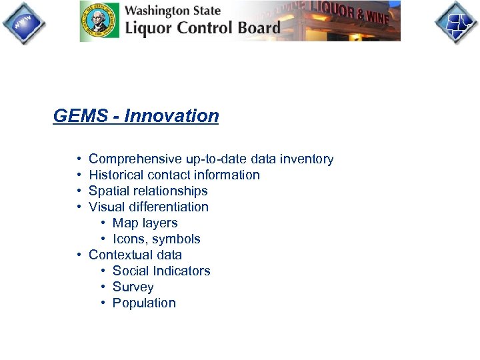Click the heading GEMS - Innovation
tap(136, 116)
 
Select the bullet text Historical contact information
tap(174, 175)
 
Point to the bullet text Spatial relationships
tap(148, 191)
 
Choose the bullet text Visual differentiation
tap(148, 207)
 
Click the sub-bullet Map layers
tap(145, 223)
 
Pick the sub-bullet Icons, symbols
tap(156, 239)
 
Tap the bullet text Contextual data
tap(135, 255)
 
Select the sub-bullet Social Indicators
tap(161, 271)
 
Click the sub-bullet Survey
tap(133, 287)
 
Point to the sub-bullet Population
tap(144, 303)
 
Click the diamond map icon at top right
tap(457, 22)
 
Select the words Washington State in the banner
tap(173, 11)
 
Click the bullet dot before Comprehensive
tap(79, 159)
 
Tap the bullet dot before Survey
tap(103, 287)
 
